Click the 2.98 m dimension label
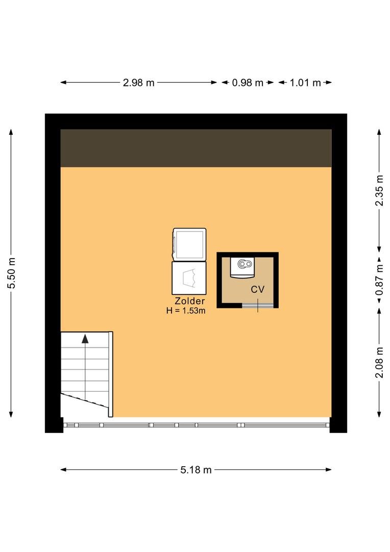tap(138, 83)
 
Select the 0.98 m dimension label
tap(248, 83)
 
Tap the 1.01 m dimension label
tap(305, 83)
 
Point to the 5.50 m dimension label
tap(12, 273)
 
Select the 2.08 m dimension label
tap(379, 362)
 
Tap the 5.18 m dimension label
tap(196, 470)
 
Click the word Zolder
tap(190, 301)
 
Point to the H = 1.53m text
tap(186, 311)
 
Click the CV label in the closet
tap(257, 289)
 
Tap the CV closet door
tap(258, 305)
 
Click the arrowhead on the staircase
tap(85, 339)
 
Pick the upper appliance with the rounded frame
tap(189, 244)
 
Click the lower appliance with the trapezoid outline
tap(189, 278)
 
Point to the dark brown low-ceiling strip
tap(196, 148)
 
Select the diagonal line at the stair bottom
tap(85, 401)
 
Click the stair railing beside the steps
tap(110, 374)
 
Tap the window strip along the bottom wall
tap(196, 425)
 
